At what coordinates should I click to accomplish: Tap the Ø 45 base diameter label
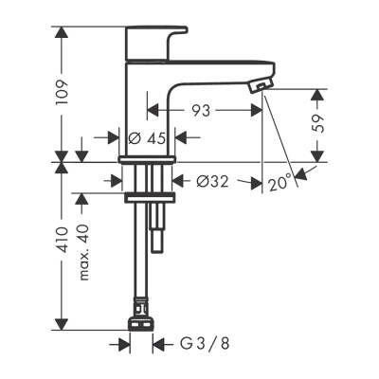pos(148,137)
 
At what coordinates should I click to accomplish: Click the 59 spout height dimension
pos(319,123)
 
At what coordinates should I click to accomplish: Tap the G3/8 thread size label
pos(194,344)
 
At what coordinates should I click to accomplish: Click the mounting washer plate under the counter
pos(151,198)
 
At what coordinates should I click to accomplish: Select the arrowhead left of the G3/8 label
pos(124,344)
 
